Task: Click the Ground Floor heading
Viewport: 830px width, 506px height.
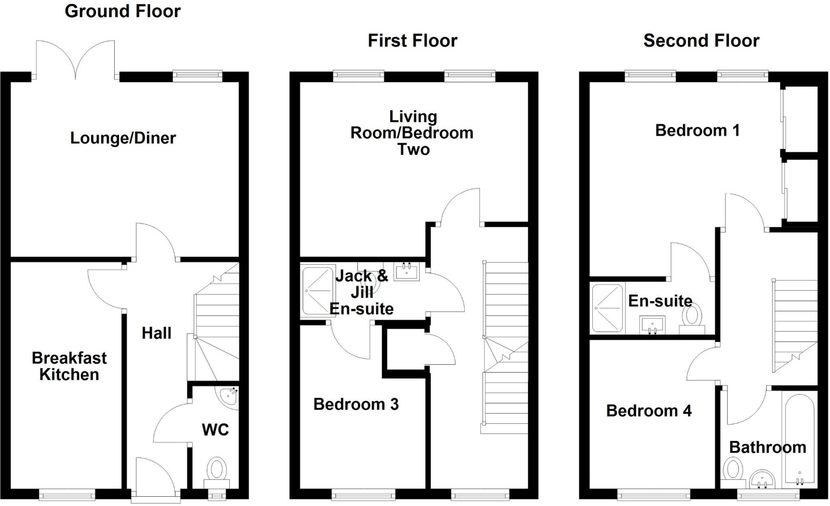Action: point(122,11)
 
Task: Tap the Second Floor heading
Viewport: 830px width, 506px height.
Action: point(701,41)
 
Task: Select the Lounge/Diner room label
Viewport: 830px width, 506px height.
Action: point(123,138)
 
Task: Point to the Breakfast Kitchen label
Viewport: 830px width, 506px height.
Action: point(69,366)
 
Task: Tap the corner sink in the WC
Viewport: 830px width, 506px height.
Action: point(229,395)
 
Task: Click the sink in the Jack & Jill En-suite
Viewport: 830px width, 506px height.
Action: point(406,271)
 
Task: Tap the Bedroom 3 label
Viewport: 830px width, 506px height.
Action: point(356,404)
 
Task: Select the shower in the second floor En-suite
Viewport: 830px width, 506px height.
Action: point(607,308)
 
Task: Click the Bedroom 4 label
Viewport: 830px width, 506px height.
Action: point(648,411)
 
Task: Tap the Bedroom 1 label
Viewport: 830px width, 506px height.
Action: point(697,130)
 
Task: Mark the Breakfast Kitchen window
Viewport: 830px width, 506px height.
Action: point(67,494)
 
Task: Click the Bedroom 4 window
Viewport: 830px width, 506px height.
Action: point(653,494)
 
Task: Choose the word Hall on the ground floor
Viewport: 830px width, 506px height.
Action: point(156,333)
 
